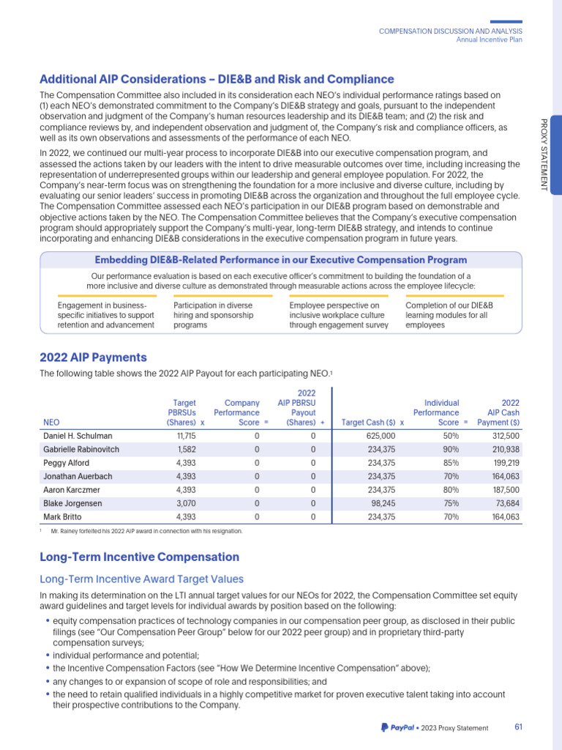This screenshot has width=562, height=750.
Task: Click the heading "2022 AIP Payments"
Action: point(93,357)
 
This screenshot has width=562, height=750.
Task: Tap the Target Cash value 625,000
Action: point(378,436)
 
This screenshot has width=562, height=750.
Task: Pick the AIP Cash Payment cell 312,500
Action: point(504,436)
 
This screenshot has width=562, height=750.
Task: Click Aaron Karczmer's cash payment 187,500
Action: point(504,489)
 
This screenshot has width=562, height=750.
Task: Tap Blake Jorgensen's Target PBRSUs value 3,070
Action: point(187,503)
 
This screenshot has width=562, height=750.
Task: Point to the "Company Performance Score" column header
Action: point(241,412)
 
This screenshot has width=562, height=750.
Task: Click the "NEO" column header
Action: point(51,423)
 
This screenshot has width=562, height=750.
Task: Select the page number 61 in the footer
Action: point(518,727)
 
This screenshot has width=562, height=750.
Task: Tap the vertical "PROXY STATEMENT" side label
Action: point(543,155)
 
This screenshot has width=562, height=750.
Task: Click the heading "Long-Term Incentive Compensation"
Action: point(139,557)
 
